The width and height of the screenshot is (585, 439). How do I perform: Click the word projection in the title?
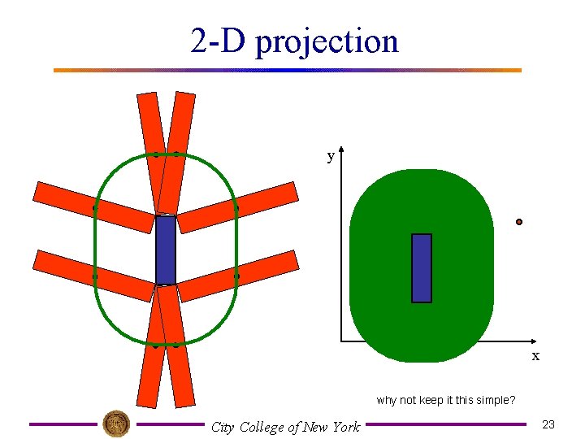pyautogui.click(x=327, y=41)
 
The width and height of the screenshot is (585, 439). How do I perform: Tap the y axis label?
pyautogui.click(x=331, y=156)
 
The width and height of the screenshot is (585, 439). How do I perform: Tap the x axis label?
pyautogui.click(x=535, y=356)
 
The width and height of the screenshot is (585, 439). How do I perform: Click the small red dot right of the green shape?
pyautogui.click(x=519, y=222)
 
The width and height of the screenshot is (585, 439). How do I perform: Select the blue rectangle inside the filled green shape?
pyautogui.click(x=422, y=267)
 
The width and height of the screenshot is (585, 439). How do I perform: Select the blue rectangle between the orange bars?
pyautogui.click(x=166, y=250)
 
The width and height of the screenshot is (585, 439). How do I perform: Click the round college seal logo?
pyautogui.click(x=116, y=424)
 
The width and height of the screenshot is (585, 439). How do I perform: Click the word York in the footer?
pyautogui.click(x=344, y=427)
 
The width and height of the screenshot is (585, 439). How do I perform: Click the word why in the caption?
pyautogui.click(x=387, y=400)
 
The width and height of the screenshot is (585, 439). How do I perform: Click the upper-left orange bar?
pyautogui.click(x=93, y=206)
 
